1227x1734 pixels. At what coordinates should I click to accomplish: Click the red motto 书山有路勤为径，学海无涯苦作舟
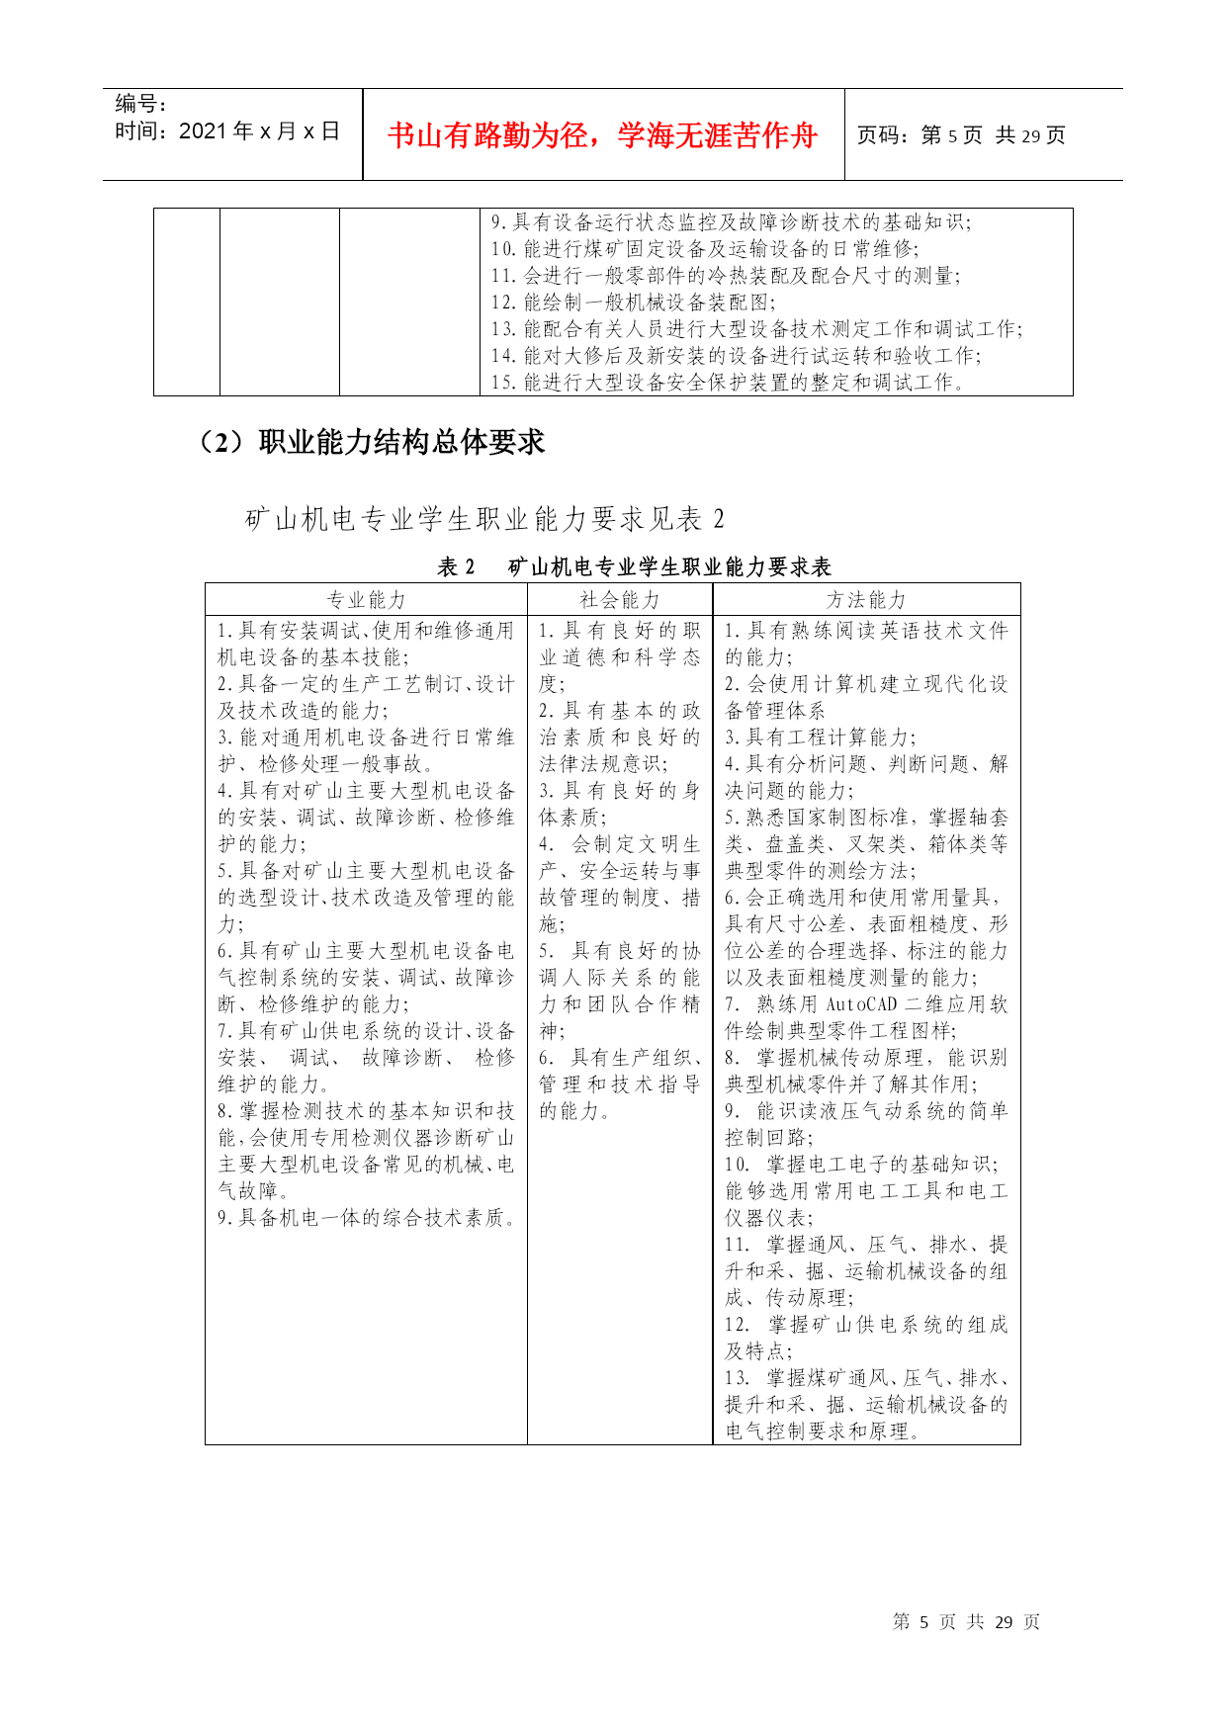click(x=602, y=135)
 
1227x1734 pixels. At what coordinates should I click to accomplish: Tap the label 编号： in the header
click(x=140, y=104)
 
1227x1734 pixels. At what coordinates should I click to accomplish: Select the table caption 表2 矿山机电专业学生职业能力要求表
click(x=634, y=566)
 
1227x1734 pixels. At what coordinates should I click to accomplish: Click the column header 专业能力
click(x=366, y=600)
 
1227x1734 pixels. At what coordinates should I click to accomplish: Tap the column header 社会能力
click(x=620, y=600)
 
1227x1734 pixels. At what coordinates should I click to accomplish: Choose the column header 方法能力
click(x=866, y=600)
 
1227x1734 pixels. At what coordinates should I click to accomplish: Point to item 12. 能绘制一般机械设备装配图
click(x=634, y=303)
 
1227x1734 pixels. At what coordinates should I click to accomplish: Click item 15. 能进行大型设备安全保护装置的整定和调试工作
click(x=729, y=383)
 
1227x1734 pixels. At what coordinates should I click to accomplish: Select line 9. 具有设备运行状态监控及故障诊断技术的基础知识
click(x=731, y=222)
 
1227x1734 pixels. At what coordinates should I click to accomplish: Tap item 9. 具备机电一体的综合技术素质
click(x=367, y=1218)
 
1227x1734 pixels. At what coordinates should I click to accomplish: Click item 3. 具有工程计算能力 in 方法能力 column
click(x=821, y=737)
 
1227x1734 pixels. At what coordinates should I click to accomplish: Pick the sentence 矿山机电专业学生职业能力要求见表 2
click(x=484, y=519)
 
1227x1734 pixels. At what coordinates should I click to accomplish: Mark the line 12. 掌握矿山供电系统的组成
click(x=866, y=1325)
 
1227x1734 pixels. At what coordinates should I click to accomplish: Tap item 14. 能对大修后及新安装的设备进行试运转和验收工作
click(x=736, y=356)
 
